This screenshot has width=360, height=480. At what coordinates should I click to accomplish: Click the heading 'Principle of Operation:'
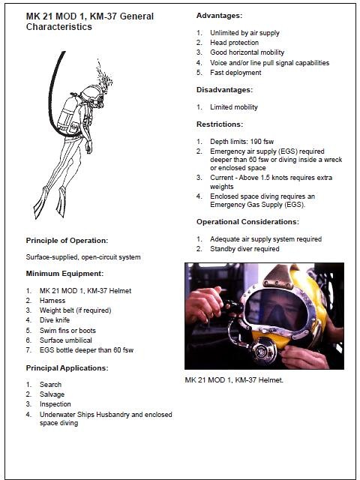(67, 241)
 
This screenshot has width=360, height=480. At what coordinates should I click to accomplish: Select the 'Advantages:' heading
(219, 15)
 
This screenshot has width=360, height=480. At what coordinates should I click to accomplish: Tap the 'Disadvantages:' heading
(225, 90)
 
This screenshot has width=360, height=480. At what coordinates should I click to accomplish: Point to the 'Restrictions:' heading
(220, 124)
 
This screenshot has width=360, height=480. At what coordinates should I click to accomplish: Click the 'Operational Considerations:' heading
(247, 222)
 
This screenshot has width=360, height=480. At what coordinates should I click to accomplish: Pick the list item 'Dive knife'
(55, 320)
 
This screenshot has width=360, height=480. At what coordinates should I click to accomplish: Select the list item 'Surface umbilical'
(66, 340)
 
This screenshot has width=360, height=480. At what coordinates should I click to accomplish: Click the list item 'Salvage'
(52, 394)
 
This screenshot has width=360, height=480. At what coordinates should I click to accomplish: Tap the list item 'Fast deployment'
(235, 73)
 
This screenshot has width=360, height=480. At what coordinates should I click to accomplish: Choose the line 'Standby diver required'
(244, 249)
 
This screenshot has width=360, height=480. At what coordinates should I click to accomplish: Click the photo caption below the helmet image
(234, 380)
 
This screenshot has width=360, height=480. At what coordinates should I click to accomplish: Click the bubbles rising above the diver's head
(103, 75)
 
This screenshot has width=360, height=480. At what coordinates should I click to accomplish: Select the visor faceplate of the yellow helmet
(275, 310)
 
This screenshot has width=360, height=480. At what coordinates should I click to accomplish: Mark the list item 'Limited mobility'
(234, 107)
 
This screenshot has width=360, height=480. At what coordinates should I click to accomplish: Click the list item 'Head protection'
(234, 43)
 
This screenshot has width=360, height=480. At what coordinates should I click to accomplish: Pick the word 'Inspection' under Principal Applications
(55, 404)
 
